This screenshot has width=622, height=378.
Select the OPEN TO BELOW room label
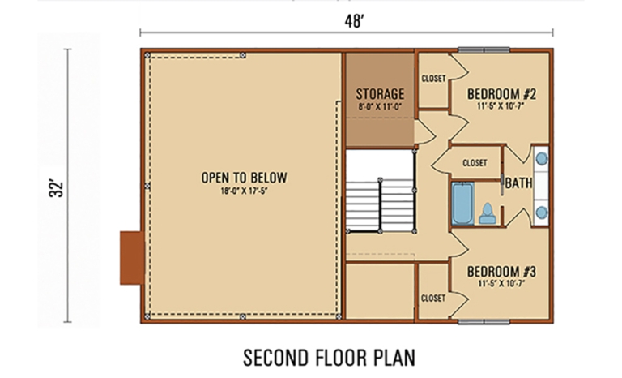click(245, 178)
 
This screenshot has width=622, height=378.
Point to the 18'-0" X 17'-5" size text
click(245, 191)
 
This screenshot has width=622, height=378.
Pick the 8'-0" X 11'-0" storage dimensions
click(380, 105)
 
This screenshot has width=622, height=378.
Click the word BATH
click(518, 184)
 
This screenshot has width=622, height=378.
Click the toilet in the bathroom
click(488, 213)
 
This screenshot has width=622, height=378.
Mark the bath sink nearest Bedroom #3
click(541, 213)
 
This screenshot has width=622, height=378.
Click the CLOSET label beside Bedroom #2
click(433, 79)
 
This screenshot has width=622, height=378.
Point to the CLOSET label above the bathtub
click(475, 163)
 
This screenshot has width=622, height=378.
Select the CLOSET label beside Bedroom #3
click(433, 299)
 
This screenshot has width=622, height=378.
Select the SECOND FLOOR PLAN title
click(330, 356)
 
